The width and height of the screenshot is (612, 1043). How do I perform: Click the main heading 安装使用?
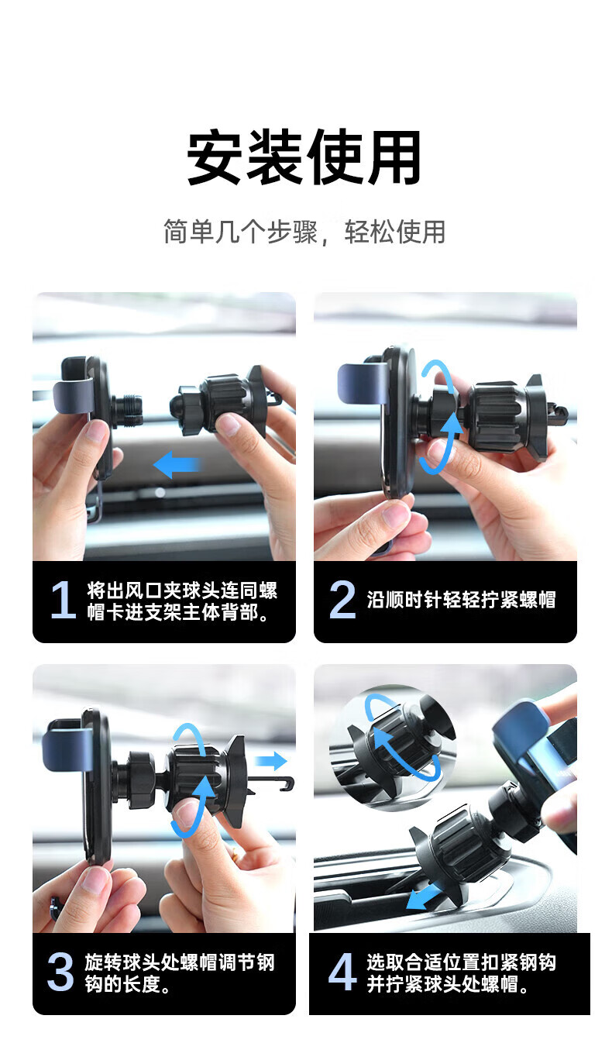[x=304, y=157]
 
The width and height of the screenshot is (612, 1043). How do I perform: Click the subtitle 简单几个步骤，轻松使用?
[x=304, y=232]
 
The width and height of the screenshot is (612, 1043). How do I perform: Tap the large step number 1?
[x=64, y=601]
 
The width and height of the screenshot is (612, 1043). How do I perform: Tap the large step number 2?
[x=342, y=600]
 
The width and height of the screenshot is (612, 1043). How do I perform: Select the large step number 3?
[x=60, y=972]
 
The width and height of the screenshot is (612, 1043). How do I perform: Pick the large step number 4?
[x=342, y=972]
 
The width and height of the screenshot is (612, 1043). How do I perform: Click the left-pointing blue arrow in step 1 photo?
[x=178, y=464]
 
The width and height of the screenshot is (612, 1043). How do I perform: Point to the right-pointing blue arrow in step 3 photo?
[x=271, y=761]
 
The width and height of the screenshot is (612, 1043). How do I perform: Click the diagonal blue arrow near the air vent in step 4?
[x=425, y=897]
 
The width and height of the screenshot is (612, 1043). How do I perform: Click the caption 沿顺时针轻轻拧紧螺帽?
[x=461, y=600]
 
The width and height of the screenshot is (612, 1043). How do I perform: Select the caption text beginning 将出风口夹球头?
[x=182, y=601]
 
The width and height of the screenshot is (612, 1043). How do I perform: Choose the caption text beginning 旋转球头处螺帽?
[x=180, y=973]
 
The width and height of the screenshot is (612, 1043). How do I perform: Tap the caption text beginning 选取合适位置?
[x=461, y=973]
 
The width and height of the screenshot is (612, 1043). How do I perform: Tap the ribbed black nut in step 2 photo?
[x=496, y=417]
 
